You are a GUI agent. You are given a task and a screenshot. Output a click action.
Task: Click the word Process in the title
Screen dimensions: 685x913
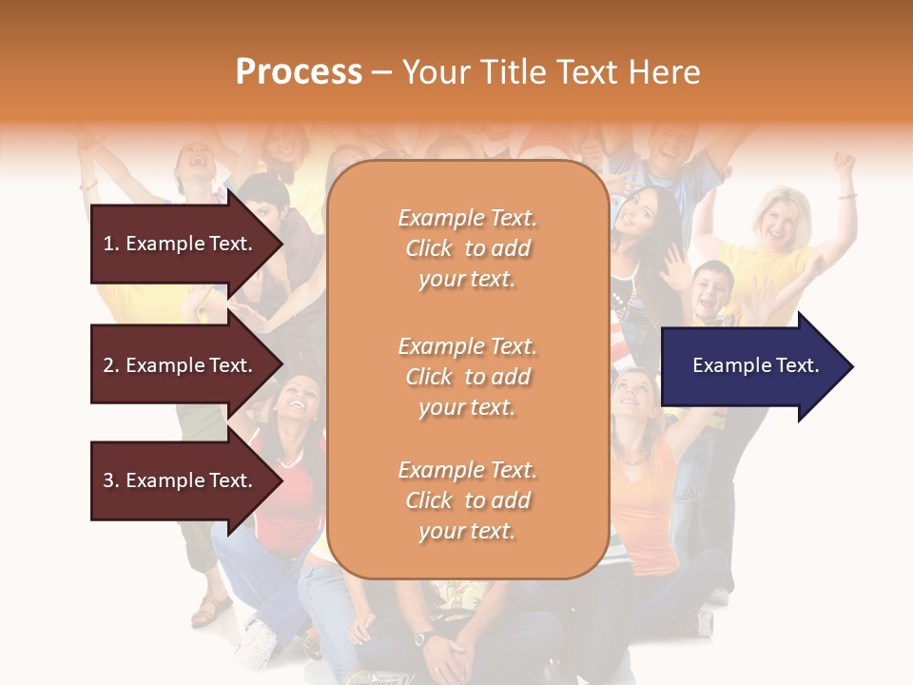[299, 71]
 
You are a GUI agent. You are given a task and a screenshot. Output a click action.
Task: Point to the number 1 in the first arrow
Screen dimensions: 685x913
[107, 244]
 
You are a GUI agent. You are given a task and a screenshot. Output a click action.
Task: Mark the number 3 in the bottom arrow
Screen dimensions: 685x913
[107, 480]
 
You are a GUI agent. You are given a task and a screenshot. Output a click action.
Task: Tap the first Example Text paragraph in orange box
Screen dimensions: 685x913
[467, 248]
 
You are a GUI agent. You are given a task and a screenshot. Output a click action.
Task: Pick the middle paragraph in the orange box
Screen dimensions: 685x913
[467, 377]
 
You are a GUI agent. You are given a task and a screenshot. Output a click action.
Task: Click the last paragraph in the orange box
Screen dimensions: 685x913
[467, 500]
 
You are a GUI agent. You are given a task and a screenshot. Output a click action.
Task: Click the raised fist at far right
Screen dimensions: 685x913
[843, 163]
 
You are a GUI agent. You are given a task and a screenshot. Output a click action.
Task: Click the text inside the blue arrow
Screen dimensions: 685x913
[756, 365]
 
